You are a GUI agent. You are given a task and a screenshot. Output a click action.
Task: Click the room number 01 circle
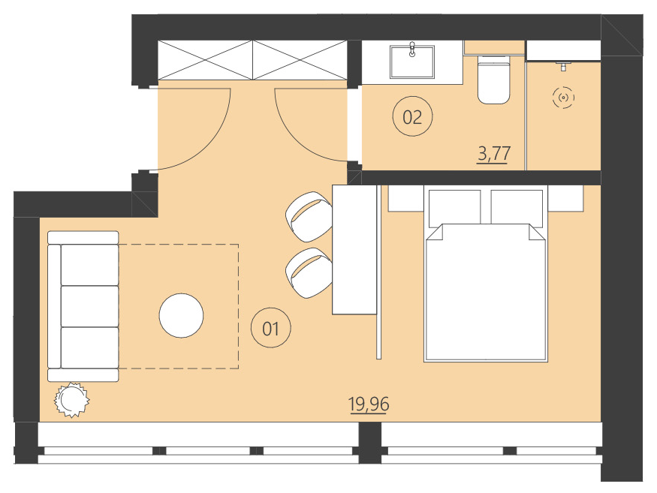tap(271, 328)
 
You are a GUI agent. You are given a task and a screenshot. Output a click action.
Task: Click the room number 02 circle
tap(412, 117)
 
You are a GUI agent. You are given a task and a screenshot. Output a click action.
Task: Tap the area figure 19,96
tap(369, 405)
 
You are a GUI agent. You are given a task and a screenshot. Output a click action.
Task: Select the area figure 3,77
tap(494, 155)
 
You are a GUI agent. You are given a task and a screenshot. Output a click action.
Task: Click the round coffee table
tap(181, 315)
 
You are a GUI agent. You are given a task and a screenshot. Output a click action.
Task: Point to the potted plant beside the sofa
tap(72, 399)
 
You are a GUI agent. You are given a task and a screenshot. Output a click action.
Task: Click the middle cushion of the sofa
tap(89, 306)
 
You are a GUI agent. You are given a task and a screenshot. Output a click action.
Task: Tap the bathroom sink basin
tap(412, 61)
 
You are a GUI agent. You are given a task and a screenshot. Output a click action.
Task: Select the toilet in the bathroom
tap(495, 79)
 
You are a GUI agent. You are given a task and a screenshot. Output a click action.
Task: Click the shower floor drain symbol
tap(563, 98)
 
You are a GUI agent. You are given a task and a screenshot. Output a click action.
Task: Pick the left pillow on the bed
tap(454, 206)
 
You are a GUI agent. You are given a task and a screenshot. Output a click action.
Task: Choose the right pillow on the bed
tap(517, 206)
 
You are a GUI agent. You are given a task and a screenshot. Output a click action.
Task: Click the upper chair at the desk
tap(309, 217)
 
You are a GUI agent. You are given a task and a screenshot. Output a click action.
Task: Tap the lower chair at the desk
tap(309, 272)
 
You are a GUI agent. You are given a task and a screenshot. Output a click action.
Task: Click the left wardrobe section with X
tap(205, 60)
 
